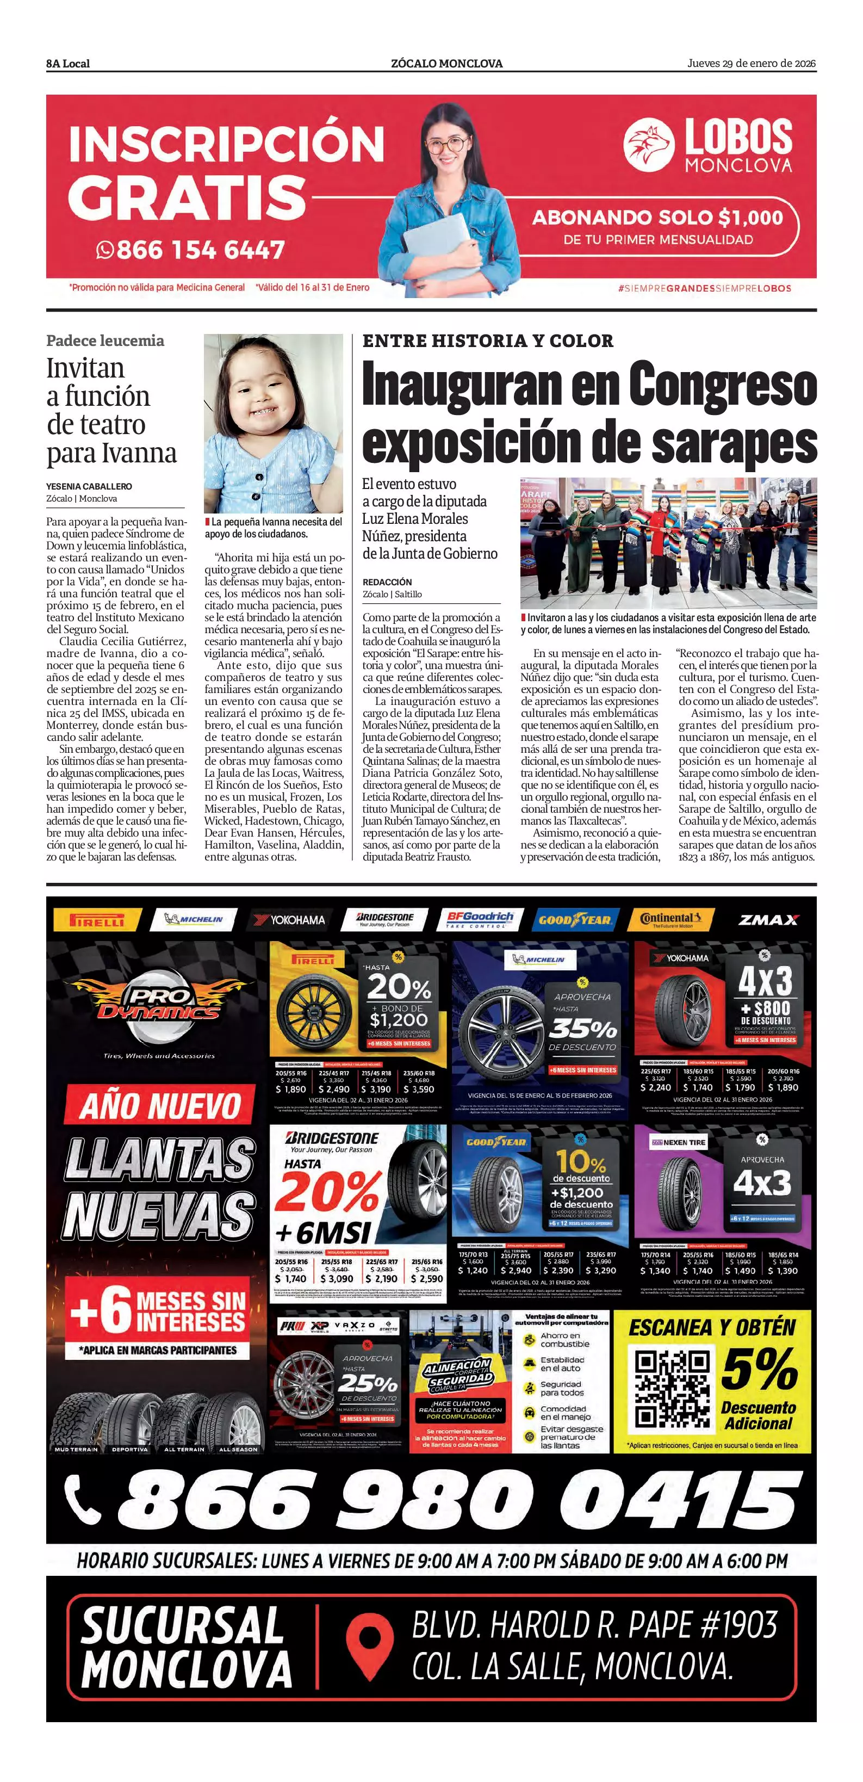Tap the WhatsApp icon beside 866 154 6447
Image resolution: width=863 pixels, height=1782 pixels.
click(x=104, y=249)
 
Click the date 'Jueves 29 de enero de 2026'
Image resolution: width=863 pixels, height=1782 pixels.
click(x=751, y=63)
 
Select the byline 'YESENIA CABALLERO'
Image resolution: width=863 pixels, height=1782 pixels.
click(x=89, y=486)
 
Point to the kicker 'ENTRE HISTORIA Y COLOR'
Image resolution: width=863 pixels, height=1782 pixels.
click(x=488, y=341)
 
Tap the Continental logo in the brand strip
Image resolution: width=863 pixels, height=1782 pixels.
click(x=669, y=919)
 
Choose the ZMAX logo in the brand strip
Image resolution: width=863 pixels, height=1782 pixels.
click(x=768, y=919)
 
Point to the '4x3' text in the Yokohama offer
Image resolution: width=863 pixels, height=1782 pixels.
click(x=764, y=980)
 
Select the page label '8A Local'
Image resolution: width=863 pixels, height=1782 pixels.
click(x=68, y=64)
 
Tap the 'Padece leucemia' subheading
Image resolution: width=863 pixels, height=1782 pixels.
click(x=105, y=341)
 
